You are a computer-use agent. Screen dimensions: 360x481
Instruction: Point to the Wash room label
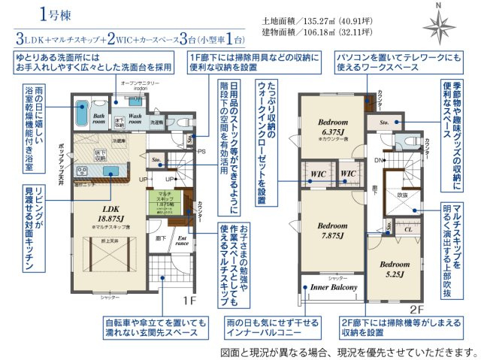click(x=135, y=117)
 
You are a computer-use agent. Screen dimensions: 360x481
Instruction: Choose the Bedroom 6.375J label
click(x=331, y=126)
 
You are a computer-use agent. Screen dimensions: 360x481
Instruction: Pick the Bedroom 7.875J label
click(x=331, y=230)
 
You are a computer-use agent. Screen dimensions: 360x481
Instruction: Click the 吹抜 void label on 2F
click(x=402, y=195)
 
